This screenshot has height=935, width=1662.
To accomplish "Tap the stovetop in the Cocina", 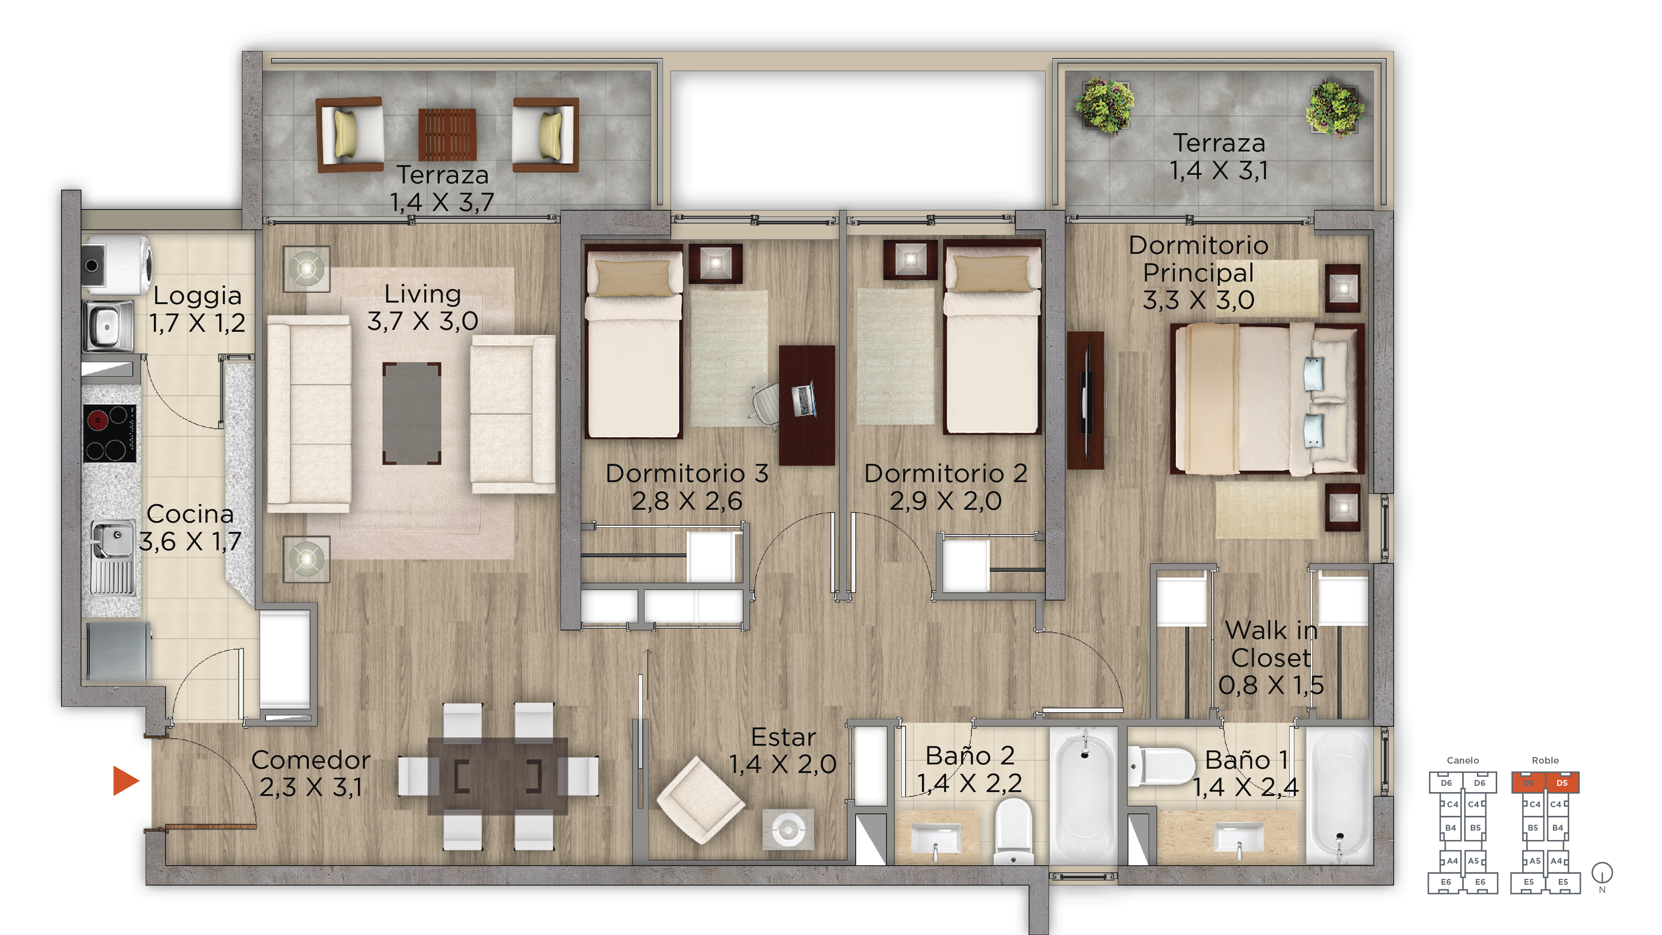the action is coord(110,433).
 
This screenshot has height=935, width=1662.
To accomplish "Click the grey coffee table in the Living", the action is coord(412,413).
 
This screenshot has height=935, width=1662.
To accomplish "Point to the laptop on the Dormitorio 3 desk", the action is coord(804,400).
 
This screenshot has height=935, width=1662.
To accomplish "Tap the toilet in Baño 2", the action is coord(1013,831).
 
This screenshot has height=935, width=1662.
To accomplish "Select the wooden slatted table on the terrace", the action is coord(447,134).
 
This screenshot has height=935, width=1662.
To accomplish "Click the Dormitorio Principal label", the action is coord(1199,272).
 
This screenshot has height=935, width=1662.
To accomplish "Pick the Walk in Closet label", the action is coord(1271,657).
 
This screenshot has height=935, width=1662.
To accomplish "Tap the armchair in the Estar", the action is coord(701,800).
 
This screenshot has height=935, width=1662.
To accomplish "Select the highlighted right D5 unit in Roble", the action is coord(1562,783).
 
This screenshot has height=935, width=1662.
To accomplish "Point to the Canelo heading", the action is coord(1463,760).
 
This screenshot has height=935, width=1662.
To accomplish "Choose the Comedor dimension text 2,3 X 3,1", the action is coord(311,787).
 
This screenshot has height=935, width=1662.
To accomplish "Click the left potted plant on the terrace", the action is coord(1105,106).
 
